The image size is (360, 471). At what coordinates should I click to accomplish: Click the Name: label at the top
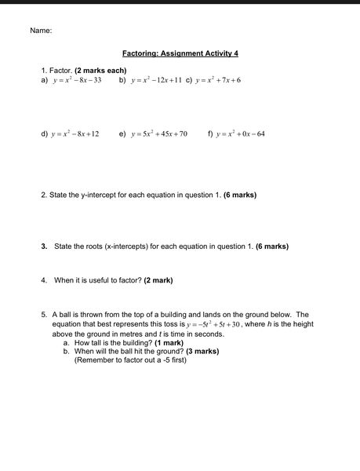(x=41, y=31)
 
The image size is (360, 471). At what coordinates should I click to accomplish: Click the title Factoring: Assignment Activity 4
(x=180, y=53)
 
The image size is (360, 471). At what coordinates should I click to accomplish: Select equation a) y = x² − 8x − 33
(x=77, y=80)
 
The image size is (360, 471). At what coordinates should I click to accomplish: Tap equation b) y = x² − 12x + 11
(x=157, y=80)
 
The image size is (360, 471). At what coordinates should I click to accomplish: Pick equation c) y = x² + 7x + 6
(x=218, y=80)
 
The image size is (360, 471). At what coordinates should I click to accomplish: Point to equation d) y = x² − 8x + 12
(x=75, y=134)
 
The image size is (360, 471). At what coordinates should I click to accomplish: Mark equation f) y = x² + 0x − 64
(x=241, y=134)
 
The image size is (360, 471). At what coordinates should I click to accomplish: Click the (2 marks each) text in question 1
(x=100, y=71)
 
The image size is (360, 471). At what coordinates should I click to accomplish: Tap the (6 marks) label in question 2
(x=240, y=194)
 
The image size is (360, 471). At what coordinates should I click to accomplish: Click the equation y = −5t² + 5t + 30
(x=213, y=324)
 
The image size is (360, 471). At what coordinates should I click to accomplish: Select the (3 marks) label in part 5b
(x=202, y=352)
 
